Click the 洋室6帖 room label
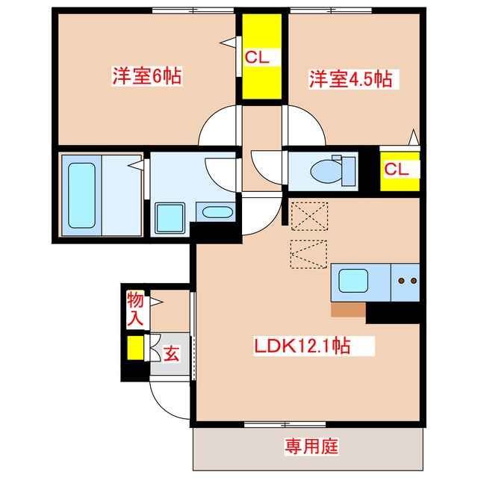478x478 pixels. coord(147,76)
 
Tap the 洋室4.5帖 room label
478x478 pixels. coord(351,79)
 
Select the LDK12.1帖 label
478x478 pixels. coord(302,346)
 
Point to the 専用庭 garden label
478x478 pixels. coord(311,447)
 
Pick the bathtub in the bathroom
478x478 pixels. coord(81,196)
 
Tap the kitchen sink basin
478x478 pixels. coord(353,281)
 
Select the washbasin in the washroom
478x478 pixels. coord(217,212)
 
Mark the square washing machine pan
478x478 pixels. coord(170,218)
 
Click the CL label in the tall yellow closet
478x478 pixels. coord(257,57)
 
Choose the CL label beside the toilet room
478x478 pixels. coord(397,169)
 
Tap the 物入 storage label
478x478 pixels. coord(135,308)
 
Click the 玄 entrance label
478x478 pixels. coord(172,353)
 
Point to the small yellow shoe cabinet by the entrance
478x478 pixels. coord(135,347)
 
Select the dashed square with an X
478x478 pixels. coord(310,216)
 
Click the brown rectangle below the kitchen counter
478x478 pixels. coord(348,309)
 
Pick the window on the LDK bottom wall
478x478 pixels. coord(285,424)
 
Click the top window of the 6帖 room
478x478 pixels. coord(193,10)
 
